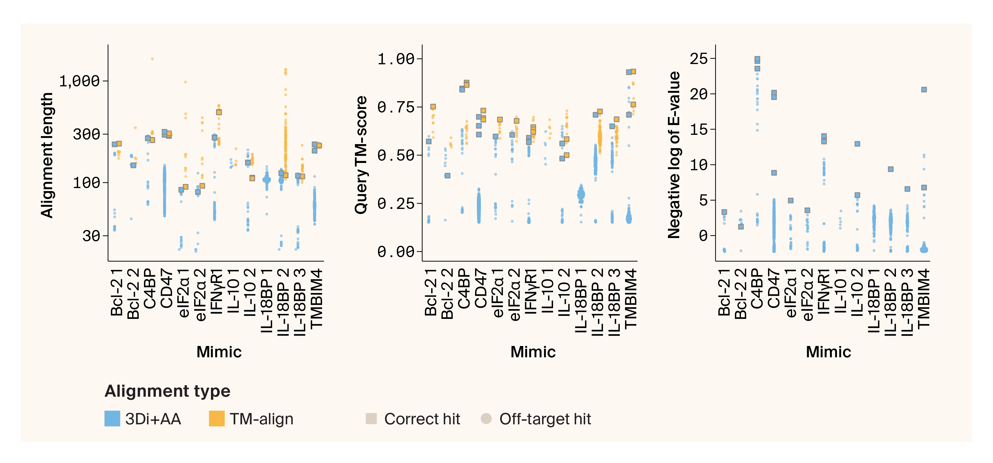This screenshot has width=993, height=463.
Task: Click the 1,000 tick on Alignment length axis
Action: click(x=79, y=81)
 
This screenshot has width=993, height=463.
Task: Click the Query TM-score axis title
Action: click(x=361, y=154)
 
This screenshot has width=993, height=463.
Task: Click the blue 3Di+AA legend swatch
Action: click(x=112, y=419)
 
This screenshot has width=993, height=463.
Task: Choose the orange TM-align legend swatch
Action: click(x=216, y=419)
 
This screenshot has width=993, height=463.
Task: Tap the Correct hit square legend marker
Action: click(x=371, y=419)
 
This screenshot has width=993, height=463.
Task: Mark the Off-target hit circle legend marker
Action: click(x=486, y=419)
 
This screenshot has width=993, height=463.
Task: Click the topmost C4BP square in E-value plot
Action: click(x=757, y=60)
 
